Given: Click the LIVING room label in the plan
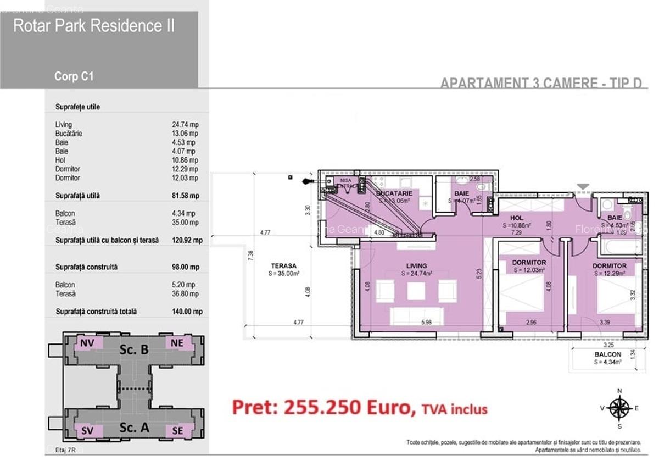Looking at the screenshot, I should click(x=416, y=266).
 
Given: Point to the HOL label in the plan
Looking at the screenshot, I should click(x=517, y=218).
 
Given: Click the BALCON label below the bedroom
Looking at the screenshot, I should click(x=607, y=355).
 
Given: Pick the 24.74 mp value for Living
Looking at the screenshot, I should click(x=185, y=125).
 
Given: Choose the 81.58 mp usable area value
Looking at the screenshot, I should click(x=186, y=196).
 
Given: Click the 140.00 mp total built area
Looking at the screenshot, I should click(x=187, y=312).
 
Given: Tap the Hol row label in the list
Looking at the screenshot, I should click(x=60, y=160).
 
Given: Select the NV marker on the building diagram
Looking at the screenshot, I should click(x=87, y=343).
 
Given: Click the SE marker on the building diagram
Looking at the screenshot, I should click(x=177, y=431).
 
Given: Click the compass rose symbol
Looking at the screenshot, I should click(x=619, y=408).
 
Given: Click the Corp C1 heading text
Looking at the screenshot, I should click(x=74, y=76).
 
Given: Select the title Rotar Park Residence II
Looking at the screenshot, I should click(x=94, y=26).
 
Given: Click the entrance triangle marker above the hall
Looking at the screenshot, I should click(x=583, y=187).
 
